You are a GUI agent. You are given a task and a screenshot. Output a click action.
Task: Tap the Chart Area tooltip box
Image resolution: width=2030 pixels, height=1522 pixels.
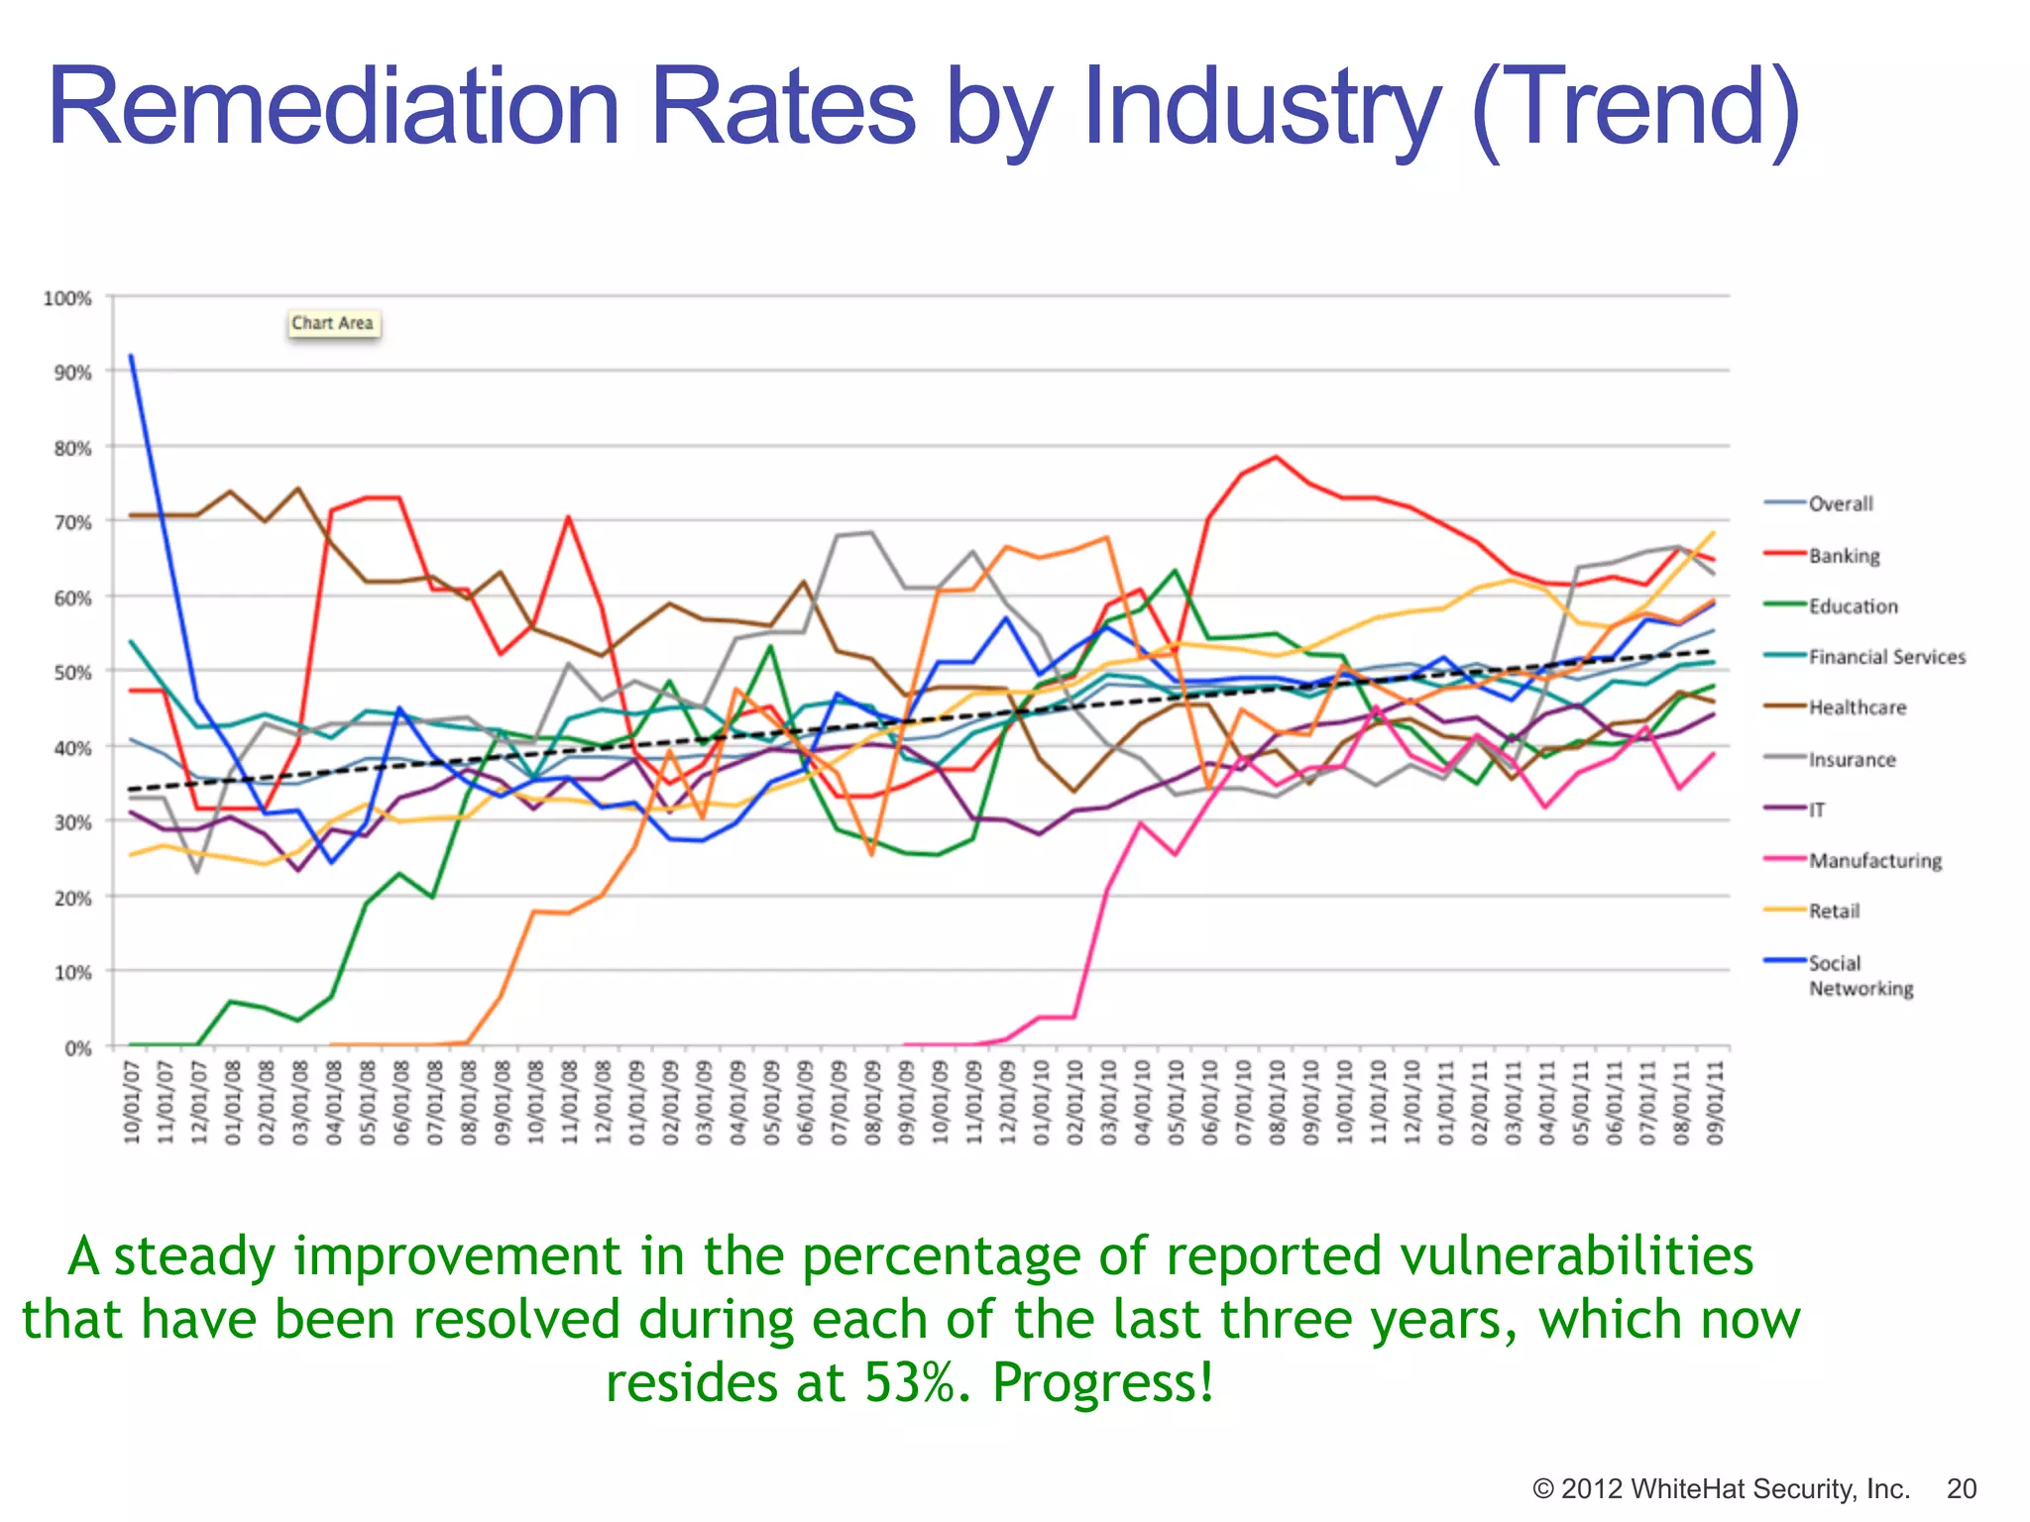tap(333, 323)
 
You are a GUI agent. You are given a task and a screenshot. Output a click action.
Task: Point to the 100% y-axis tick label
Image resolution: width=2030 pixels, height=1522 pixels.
tap(67, 298)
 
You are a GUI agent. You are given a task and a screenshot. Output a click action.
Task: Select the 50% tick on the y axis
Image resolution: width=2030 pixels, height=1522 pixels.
tap(72, 673)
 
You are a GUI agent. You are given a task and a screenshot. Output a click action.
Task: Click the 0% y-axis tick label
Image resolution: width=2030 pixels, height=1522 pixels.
tap(77, 1047)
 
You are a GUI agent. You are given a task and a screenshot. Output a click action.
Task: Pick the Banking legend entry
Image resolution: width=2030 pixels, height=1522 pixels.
tap(1843, 556)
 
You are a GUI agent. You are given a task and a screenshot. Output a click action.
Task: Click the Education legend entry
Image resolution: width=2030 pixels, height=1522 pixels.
tap(1852, 606)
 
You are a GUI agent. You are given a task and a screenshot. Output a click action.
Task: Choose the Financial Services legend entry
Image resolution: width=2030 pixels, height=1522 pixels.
tap(1885, 657)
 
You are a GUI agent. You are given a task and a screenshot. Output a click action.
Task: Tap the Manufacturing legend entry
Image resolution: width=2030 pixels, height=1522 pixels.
tap(1874, 861)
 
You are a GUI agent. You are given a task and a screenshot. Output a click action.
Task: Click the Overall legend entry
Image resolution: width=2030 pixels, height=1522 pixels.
tap(1840, 504)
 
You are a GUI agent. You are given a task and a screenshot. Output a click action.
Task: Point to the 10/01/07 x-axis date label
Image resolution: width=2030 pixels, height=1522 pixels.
tap(132, 1102)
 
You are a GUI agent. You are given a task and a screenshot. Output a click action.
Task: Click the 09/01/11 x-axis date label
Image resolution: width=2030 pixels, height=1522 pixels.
tap(1715, 1102)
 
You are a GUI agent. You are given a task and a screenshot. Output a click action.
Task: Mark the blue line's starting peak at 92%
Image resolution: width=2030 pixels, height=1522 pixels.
tap(132, 357)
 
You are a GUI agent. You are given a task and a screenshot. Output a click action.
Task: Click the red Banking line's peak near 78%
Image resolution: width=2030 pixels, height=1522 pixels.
tap(1277, 457)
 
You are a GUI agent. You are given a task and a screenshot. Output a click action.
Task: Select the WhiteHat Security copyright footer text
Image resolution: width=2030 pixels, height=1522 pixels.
tap(1720, 1488)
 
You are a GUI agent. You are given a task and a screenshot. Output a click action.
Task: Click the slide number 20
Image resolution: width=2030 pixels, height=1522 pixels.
tap(1962, 1488)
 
